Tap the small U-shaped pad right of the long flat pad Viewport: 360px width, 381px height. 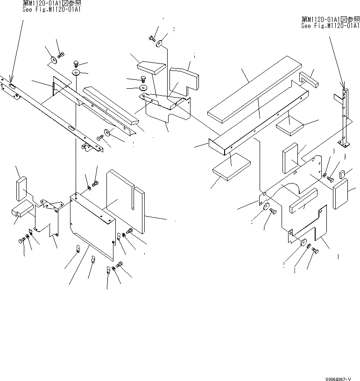pos(308,78)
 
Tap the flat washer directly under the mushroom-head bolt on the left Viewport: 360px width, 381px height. pos(77,72)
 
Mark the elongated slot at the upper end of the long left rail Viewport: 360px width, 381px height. pos(12,85)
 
